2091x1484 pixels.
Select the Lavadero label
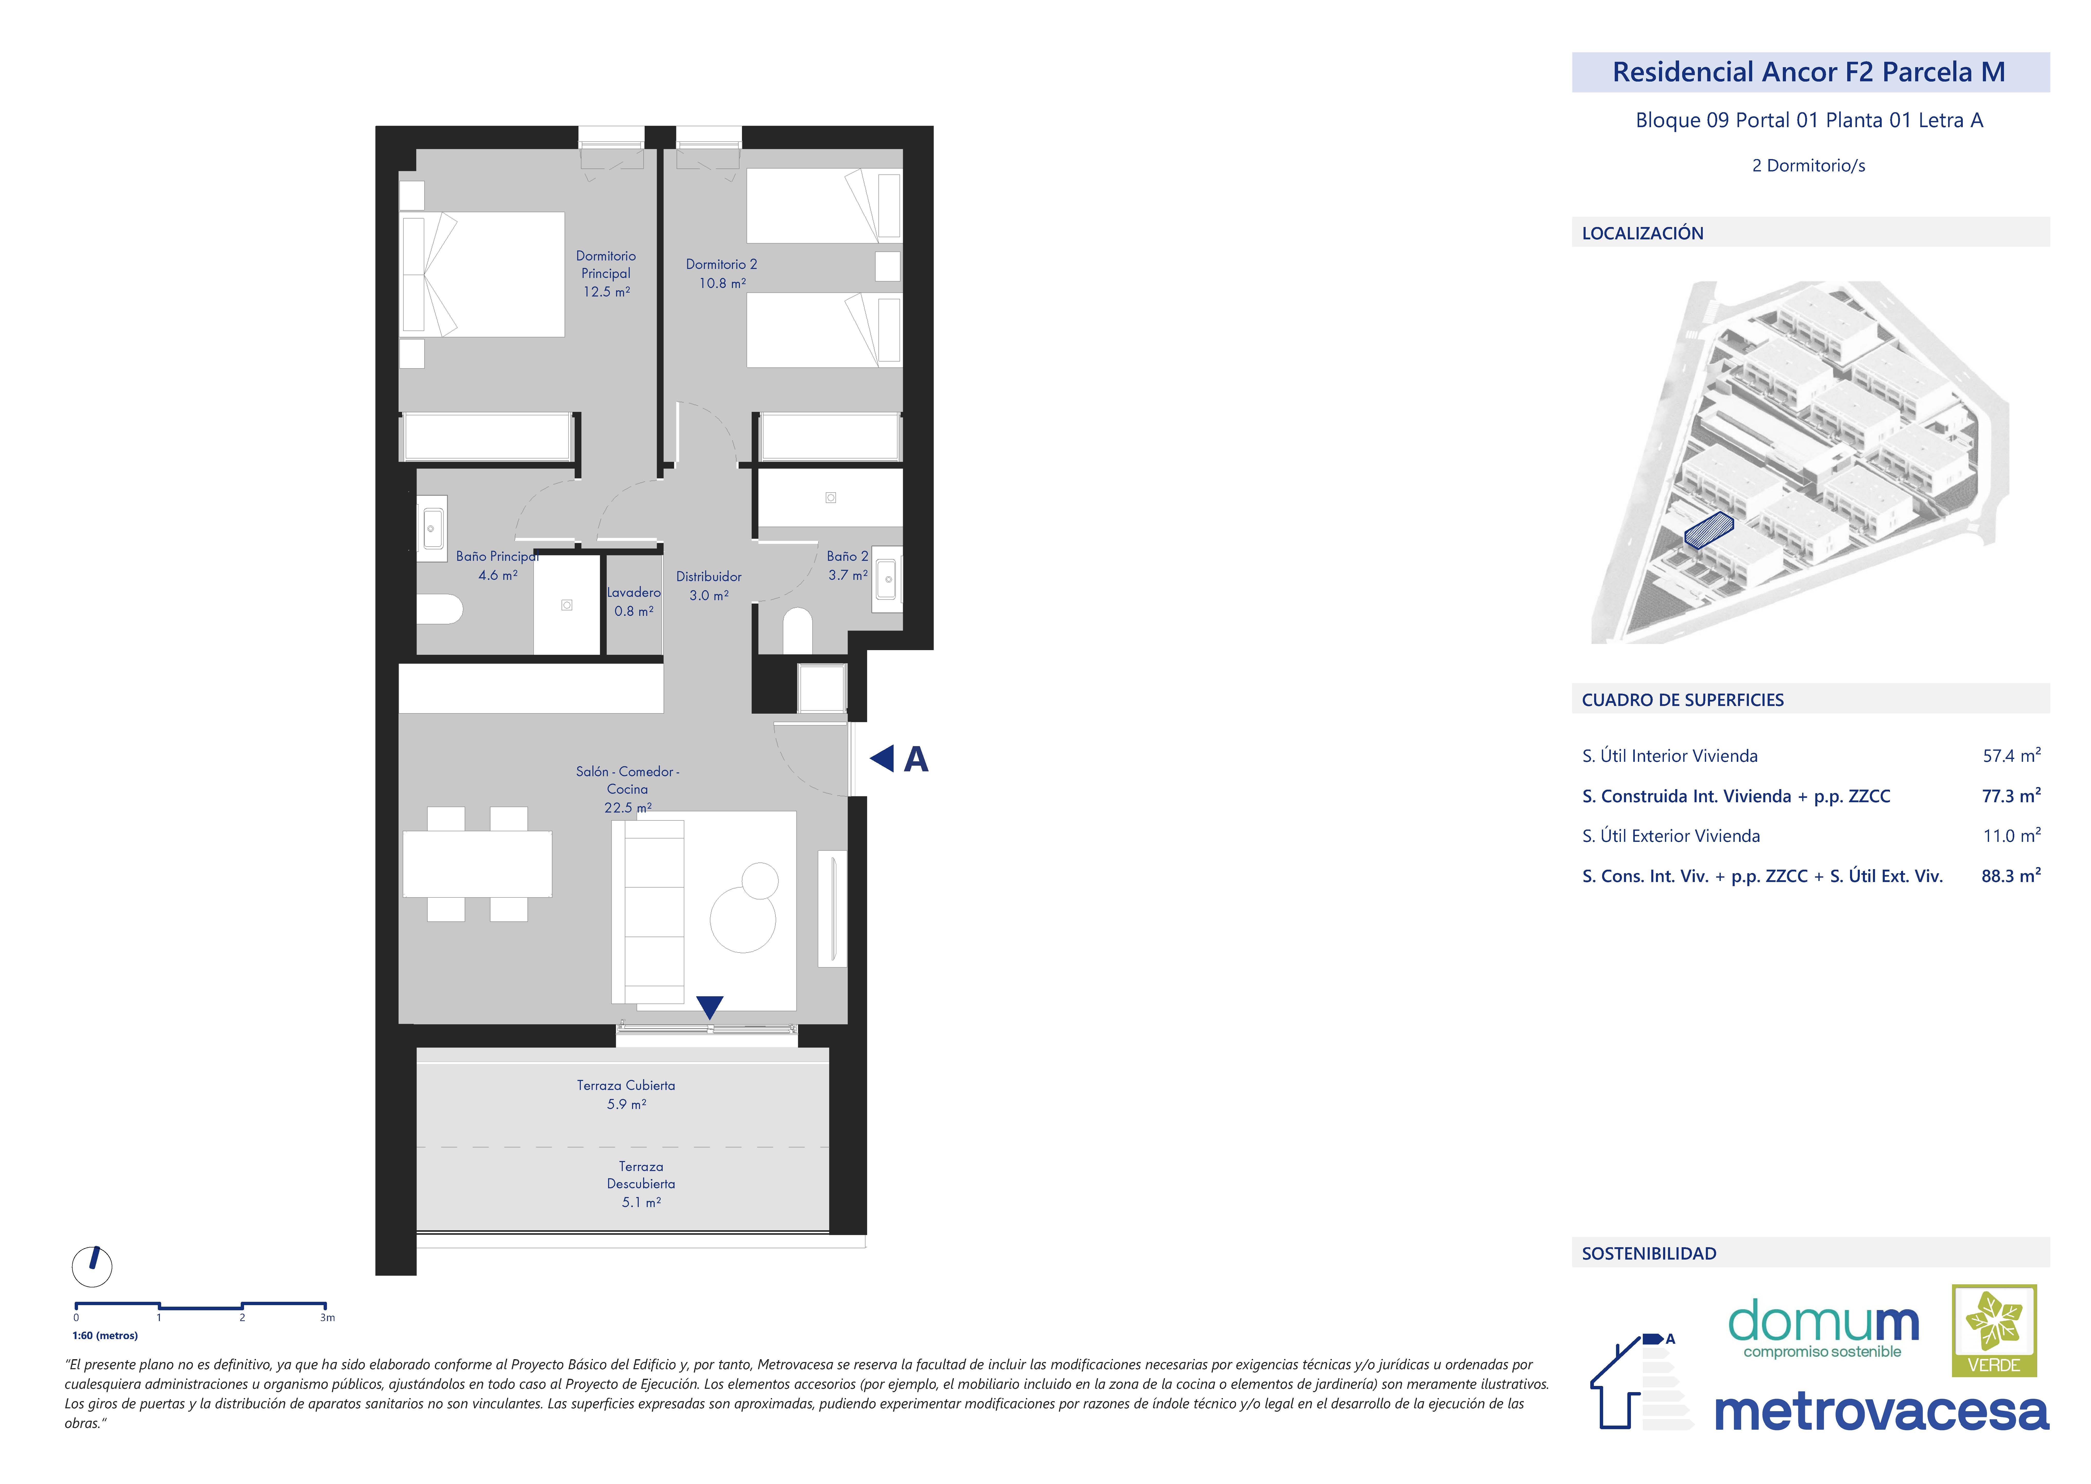[x=633, y=592]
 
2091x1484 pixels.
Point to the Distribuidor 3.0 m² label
[x=709, y=586]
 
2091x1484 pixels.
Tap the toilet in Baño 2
[x=798, y=631]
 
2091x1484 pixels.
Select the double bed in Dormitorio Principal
[x=482, y=274]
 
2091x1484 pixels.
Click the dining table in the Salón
[x=477, y=863]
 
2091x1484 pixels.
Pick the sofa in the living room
[x=648, y=912]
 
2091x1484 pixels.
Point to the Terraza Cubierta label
[x=626, y=1086]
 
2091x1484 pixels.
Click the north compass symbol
[x=92, y=1267]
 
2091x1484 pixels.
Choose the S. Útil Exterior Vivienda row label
[x=1671, y=836]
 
